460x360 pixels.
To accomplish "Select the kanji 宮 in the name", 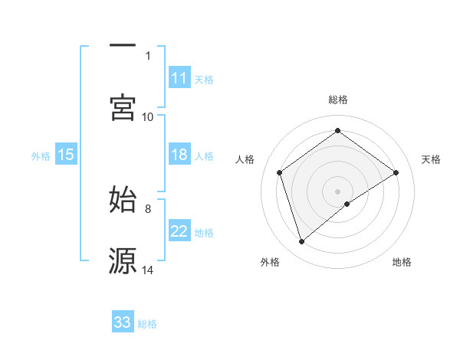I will click(123, 107).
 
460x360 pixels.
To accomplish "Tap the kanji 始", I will click(123, 199).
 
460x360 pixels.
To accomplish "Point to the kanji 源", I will click(123, 260).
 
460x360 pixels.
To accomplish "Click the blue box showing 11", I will click(179, 78).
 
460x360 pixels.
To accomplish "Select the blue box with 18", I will click(179, 155).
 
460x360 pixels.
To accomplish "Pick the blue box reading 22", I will click(179, 232).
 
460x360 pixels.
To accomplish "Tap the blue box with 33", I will click(123, 322).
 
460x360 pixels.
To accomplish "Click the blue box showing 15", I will click(66, 155).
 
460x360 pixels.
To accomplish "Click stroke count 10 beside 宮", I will click(148, 116).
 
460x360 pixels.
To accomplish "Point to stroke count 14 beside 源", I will click(148, 270).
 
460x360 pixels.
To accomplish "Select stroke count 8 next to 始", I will click(148, 208).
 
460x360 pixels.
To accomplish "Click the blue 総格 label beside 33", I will click(147, 323).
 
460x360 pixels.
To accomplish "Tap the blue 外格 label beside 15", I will click(41, 155).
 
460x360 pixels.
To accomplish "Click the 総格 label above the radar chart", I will click(337, 100).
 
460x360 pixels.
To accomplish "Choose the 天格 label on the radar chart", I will click(431, 159).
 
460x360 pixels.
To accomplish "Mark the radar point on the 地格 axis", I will click(347, 204).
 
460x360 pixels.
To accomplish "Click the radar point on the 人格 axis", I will click(280, 172).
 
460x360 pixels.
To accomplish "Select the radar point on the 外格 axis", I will click(302, 242).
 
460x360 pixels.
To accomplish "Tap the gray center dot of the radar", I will click(337, 190).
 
